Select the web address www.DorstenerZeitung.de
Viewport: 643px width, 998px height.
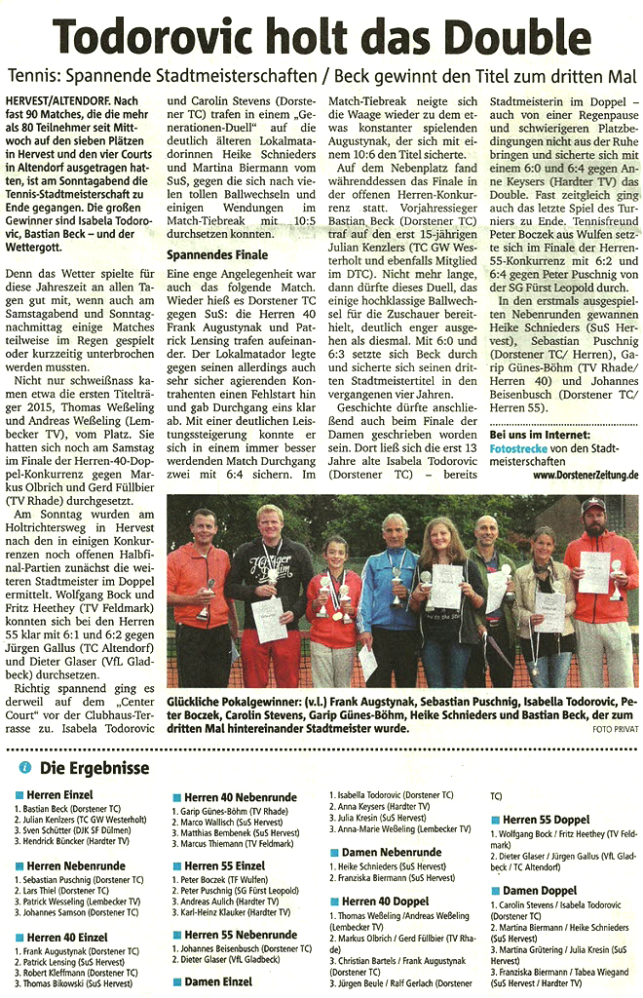click(586, 475)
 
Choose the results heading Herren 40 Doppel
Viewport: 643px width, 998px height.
click(383, 902)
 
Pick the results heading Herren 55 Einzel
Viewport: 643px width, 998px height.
click(221, 865)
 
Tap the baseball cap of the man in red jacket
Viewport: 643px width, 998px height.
click(592, 506)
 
